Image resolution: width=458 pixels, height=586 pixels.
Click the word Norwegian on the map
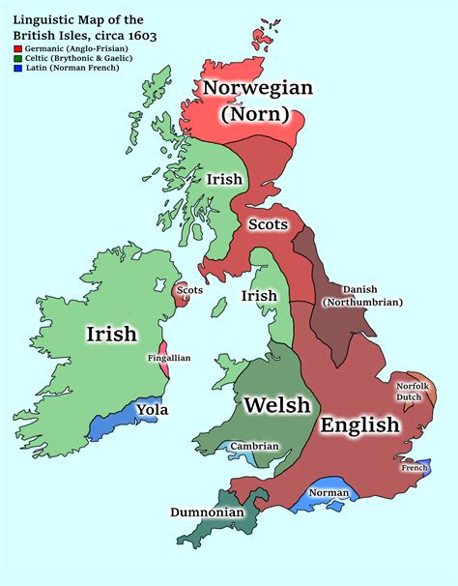[x=257, y=90]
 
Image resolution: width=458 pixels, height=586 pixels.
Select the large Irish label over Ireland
[x=111, y=335]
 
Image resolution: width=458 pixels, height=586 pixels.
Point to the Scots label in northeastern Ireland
[x=189, y=289]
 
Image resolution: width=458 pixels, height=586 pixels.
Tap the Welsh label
[x=277, y=405]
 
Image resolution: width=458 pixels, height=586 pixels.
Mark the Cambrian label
[x=254, y=446]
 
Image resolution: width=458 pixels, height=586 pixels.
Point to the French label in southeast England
[x=415, y=468]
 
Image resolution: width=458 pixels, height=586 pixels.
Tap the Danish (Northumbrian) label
[x=363, y=296]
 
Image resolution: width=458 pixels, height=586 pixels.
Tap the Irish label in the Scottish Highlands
[x=223, y=179]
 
